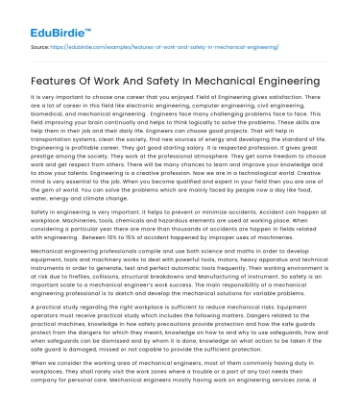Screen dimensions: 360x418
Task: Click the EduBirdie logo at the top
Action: [x=43, y=14]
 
